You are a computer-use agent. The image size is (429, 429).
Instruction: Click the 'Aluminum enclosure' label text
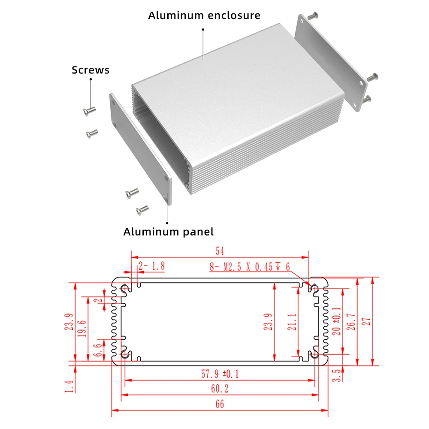point(204,15)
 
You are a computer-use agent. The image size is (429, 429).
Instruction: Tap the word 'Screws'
point(91,70)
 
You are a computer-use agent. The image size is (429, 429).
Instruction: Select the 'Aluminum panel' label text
point(168,232)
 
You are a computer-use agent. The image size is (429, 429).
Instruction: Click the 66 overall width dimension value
point(220,404)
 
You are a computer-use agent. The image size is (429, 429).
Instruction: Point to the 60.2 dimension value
point(220,389)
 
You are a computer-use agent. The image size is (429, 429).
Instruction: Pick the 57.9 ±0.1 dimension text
point(220,374)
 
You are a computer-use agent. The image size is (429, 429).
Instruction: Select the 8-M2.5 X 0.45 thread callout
point(250,267)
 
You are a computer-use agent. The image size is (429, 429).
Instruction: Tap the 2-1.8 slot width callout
point(151,267)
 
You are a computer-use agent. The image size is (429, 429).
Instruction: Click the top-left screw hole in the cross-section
point(125,289)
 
